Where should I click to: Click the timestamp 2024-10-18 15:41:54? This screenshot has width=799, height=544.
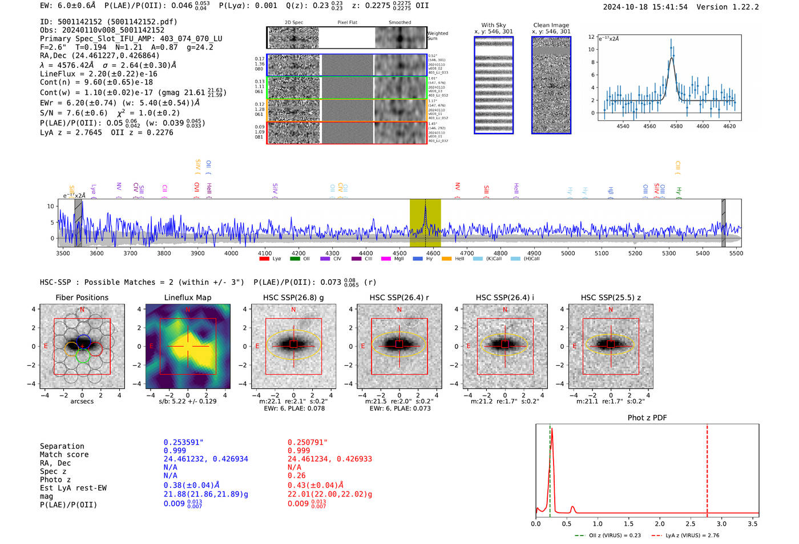(645, 7)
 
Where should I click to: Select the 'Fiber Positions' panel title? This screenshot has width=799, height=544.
(82, 297)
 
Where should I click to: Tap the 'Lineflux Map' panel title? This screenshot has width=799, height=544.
(188, 297)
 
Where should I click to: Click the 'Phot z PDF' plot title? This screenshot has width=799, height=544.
(647, 418)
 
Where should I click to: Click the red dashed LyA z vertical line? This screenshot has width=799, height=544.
(707, 468)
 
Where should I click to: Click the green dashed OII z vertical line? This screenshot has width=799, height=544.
(550, 468)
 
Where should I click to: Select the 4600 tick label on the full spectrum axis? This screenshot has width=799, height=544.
(433, 253)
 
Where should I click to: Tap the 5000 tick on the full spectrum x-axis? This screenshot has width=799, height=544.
(568, 253)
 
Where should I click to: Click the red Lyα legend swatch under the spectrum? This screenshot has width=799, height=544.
(264, 259)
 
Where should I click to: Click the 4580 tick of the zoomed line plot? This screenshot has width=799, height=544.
(676, 126)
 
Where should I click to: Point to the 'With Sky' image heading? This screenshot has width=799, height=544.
(494, 25)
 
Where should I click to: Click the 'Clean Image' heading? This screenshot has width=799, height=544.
(551, 25)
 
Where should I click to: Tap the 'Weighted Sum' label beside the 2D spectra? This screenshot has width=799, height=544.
(438, 36)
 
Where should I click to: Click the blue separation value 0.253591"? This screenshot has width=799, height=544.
(183, 442)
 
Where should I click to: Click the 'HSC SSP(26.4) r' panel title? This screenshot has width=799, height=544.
(399, 297)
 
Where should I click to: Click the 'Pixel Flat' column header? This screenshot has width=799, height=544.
(347, 22)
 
